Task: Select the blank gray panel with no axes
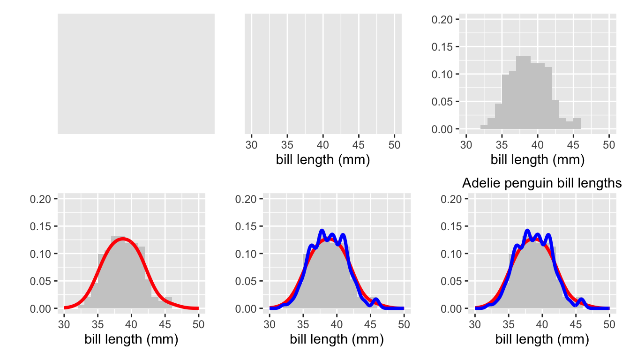click(136, 74)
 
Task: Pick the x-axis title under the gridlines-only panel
click(323, 160)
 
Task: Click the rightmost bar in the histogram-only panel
click(577, 123)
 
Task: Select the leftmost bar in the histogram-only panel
click(484, 127)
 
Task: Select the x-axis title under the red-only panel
click(131, 339)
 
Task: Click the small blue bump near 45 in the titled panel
click(581, 300)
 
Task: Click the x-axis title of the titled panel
click(542, 339)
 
